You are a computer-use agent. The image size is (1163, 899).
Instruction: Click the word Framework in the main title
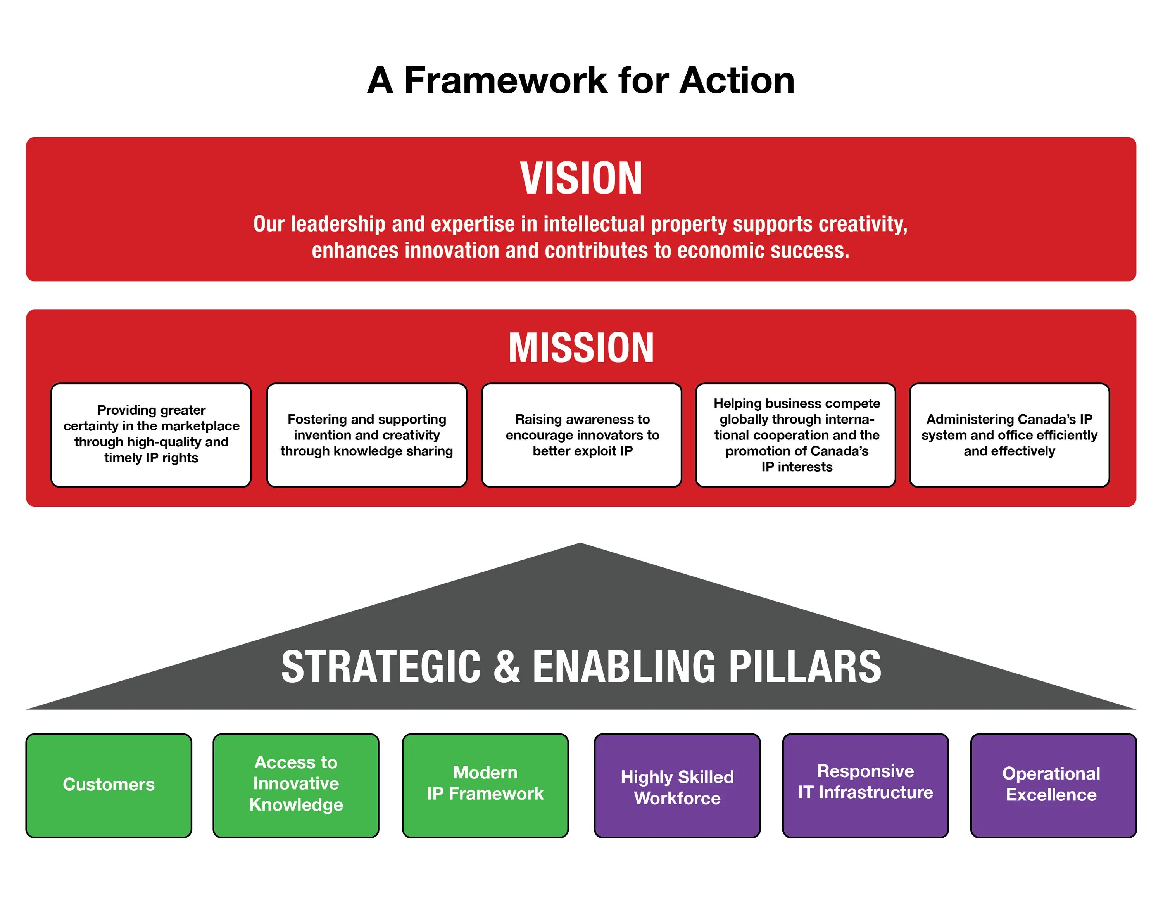(x=506, y=81)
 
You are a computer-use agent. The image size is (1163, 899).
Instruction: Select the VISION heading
(x=581, y=178)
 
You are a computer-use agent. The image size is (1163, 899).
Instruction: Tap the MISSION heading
(x=581, y=348)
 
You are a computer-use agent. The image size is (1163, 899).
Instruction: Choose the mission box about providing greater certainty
(x=151, y=435)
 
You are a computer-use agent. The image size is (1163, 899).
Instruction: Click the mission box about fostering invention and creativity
(x=366, y=435)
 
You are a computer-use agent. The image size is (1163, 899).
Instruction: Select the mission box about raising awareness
(x=581, y=435)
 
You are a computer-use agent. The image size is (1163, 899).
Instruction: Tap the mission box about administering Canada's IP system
(x=1009, y=435)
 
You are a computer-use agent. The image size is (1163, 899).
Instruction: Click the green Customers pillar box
(x=109, y=785)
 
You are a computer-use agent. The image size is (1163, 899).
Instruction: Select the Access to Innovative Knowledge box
(x=296, y=785)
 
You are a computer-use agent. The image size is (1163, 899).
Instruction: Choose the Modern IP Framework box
(x=485, y=785)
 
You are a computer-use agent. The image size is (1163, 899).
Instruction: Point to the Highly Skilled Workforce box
(x=677, y=785)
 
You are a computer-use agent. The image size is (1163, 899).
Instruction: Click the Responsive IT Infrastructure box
(x=865, y=785)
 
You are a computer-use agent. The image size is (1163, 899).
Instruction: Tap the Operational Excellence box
(x=1053, y=785)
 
